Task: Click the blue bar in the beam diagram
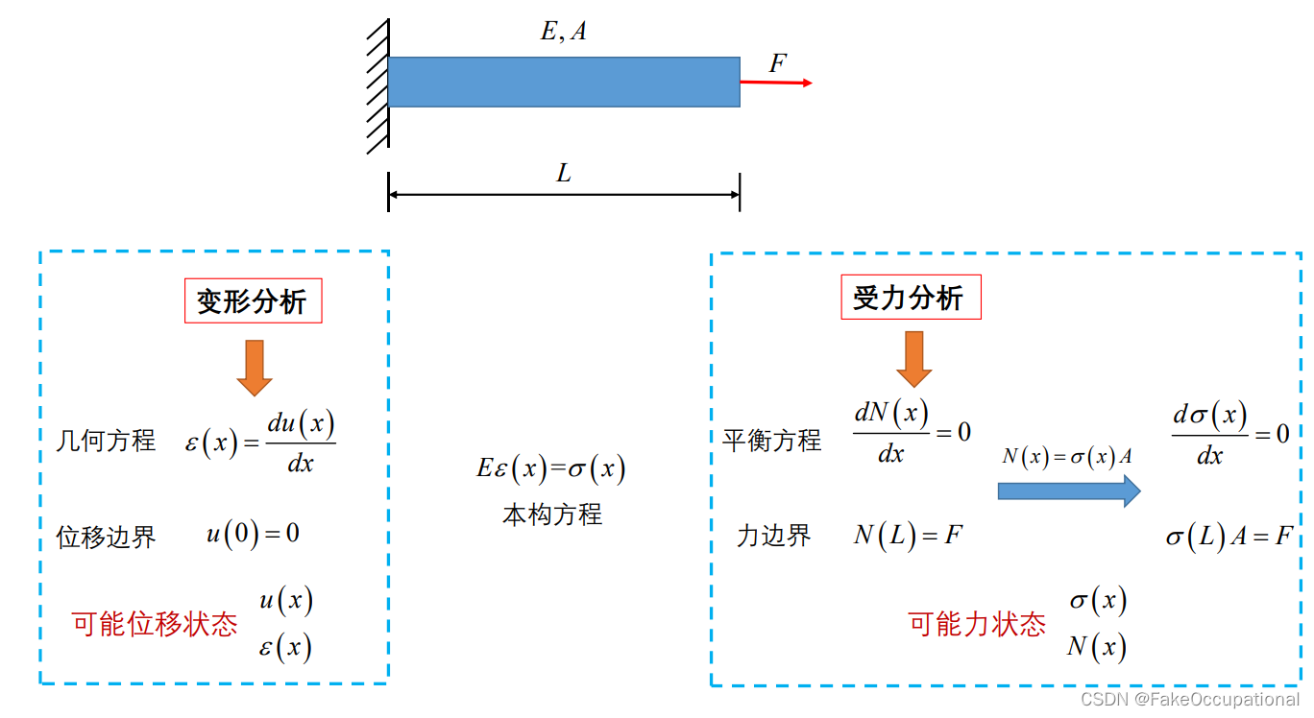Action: [564, 82]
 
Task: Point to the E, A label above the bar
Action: [563, 33]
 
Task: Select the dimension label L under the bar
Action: [564, 174]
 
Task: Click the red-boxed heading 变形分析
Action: [253, 302]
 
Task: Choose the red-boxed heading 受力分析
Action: [910, 299]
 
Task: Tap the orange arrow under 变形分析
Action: [255, 368]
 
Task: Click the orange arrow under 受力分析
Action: [914, 359]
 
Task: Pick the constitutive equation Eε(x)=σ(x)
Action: [551, 468]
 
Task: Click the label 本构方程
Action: [551, 515]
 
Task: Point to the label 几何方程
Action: [106, 441]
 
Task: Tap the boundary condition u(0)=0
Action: [253, 534]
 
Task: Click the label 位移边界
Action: [106, 537]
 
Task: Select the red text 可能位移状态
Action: [155, 625]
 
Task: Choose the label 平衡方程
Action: [772, 441]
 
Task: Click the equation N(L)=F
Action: [908, 535]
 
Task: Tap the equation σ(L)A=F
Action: [1229, 537]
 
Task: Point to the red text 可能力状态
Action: [977, 625]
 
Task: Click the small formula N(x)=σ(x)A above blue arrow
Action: [1066, 457]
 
